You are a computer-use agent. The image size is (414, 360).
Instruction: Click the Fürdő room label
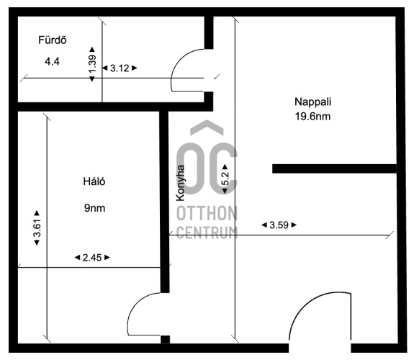[x=53, y=40]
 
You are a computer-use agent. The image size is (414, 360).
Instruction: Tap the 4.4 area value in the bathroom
[x=52, y=61]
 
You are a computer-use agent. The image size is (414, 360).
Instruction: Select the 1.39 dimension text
[x=92, y=63]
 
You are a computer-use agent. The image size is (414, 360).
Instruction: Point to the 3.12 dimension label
[x=120, y=68]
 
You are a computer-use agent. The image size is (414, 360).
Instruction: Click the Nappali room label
[x=313, y=102]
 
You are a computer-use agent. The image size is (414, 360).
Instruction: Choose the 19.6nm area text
[x=313, y=116]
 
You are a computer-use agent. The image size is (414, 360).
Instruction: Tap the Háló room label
[x=94, y=181]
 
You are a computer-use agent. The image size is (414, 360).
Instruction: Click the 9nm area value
[x=94, y=208]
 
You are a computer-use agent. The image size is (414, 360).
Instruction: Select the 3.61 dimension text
[x=37, y=228]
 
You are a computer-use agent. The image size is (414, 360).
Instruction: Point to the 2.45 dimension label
[x=92, y=258]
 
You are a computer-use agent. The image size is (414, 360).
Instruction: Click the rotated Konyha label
[x=181, y=183]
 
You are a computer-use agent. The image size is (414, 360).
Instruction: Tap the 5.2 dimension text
[x=225, y=179]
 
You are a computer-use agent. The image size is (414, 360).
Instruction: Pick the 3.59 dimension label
[x=279, y=225]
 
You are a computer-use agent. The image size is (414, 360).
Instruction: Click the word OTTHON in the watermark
[x=207, y=213]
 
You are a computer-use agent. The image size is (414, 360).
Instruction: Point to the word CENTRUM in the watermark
[x=207, y=233]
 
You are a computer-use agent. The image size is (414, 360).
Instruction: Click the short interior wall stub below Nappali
[x=334, y=168]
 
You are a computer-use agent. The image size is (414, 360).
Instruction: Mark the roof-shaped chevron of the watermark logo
[x=207, y=127]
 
